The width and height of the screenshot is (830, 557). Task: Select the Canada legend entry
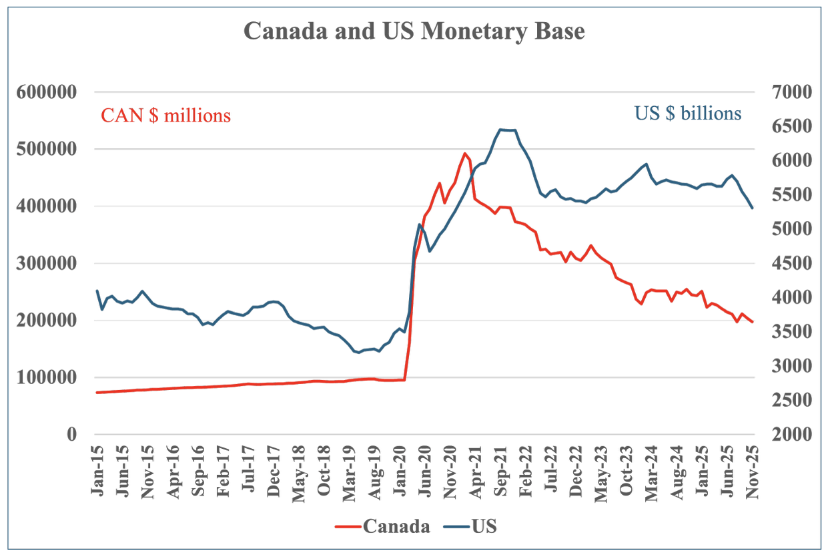click(x=396, y=526)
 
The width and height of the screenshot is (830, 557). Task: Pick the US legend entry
click(x=484, y=526)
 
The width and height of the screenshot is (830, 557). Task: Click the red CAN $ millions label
click(x=165, y=116)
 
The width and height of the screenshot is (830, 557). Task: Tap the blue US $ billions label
click(x=688, y=113)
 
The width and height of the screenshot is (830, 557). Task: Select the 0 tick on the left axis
click(x=72, y=434)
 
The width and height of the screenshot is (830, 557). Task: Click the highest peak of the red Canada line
click(x=465, y=153)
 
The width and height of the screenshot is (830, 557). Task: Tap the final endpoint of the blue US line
click(x=753, y=208)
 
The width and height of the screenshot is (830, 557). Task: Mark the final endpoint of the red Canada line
click(x=753, y=322)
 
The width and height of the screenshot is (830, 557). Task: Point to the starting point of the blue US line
click(x=97, y=291)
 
